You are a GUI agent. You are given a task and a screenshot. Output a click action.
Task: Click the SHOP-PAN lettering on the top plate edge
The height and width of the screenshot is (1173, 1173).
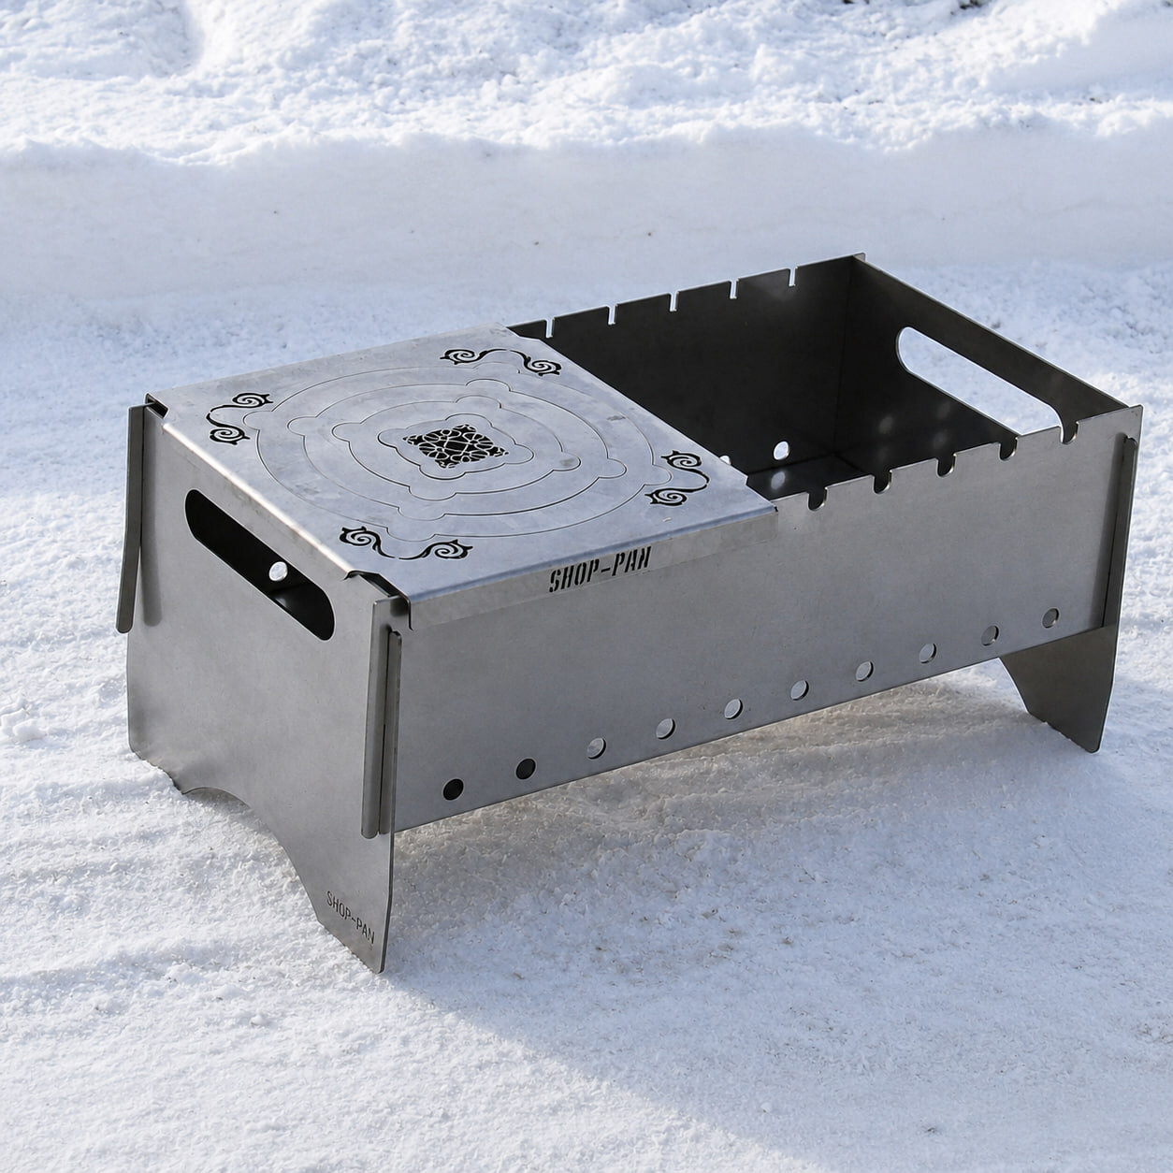(599, 572)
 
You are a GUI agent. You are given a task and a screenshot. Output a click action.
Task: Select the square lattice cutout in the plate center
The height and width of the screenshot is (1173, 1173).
(455, 445)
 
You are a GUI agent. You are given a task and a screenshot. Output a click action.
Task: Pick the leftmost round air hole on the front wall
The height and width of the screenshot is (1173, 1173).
(453, 789)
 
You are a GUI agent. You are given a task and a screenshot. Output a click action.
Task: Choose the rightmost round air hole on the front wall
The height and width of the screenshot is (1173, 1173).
(1050, 618)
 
